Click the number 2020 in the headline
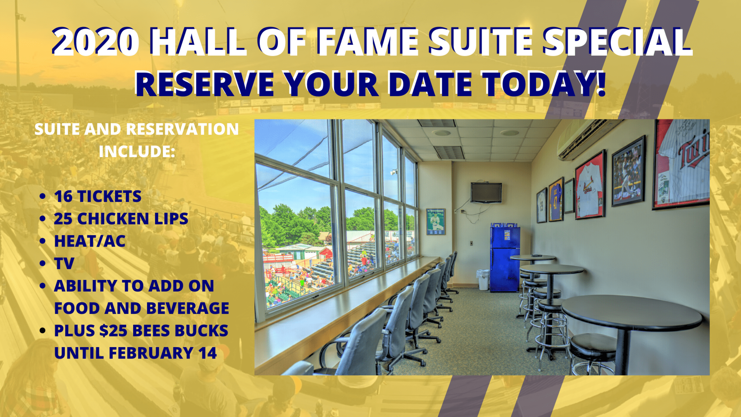pyautogui.click(x=96, y=42)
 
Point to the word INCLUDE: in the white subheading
pyautogui.click(x=137, y=151)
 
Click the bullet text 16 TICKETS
pyautogui.click(x=98, y=196)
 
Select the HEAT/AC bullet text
pyautogui.click(x=90, y=241)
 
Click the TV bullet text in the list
pyautogui.click(x=64, y=263)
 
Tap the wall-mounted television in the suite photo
pyautogui.click(x=486, y=192)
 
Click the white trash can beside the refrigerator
pyautogui.click(x=483, y=280)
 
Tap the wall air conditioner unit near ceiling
pyautogui.click(x=582, y=140)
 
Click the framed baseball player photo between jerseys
pyautogui.click(x=628, y=171)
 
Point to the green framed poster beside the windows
pyautogui.click(x=436, y=221)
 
